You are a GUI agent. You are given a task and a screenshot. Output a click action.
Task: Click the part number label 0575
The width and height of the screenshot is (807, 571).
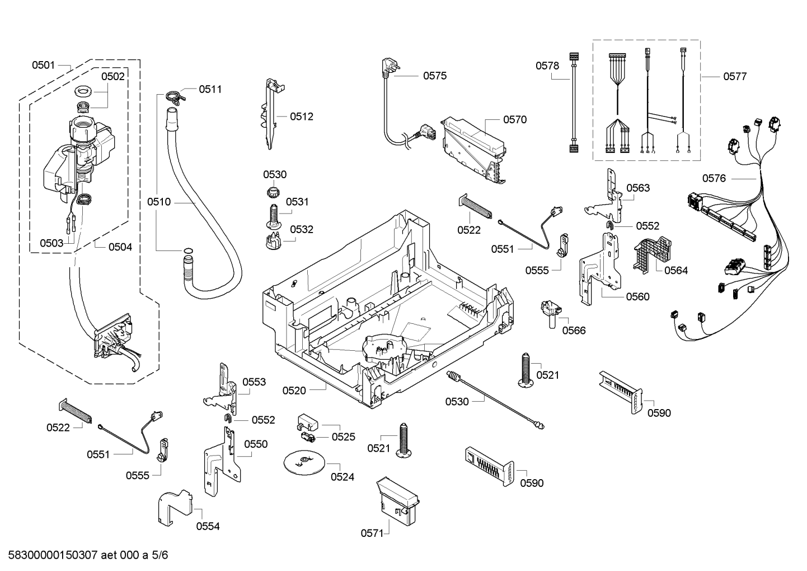coord(434,76)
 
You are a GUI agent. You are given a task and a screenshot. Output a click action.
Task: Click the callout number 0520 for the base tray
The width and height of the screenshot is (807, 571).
coord(294,390)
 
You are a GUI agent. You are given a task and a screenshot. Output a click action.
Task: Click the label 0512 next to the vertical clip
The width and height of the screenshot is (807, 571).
coord(302,117)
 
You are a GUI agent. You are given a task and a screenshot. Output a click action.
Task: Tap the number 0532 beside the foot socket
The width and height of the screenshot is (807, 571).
coord(302,229)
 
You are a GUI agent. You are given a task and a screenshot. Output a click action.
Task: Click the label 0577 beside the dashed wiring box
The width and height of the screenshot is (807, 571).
coord(734,77)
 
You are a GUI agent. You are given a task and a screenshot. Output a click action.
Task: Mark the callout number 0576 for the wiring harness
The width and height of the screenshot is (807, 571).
coord(714,178)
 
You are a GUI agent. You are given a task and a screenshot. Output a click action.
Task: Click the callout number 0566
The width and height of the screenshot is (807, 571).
coord(574,330)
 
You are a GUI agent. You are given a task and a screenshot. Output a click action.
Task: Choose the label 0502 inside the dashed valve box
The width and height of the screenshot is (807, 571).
coord(112,77)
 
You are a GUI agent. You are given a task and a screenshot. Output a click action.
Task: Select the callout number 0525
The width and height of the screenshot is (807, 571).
coord(343,437)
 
